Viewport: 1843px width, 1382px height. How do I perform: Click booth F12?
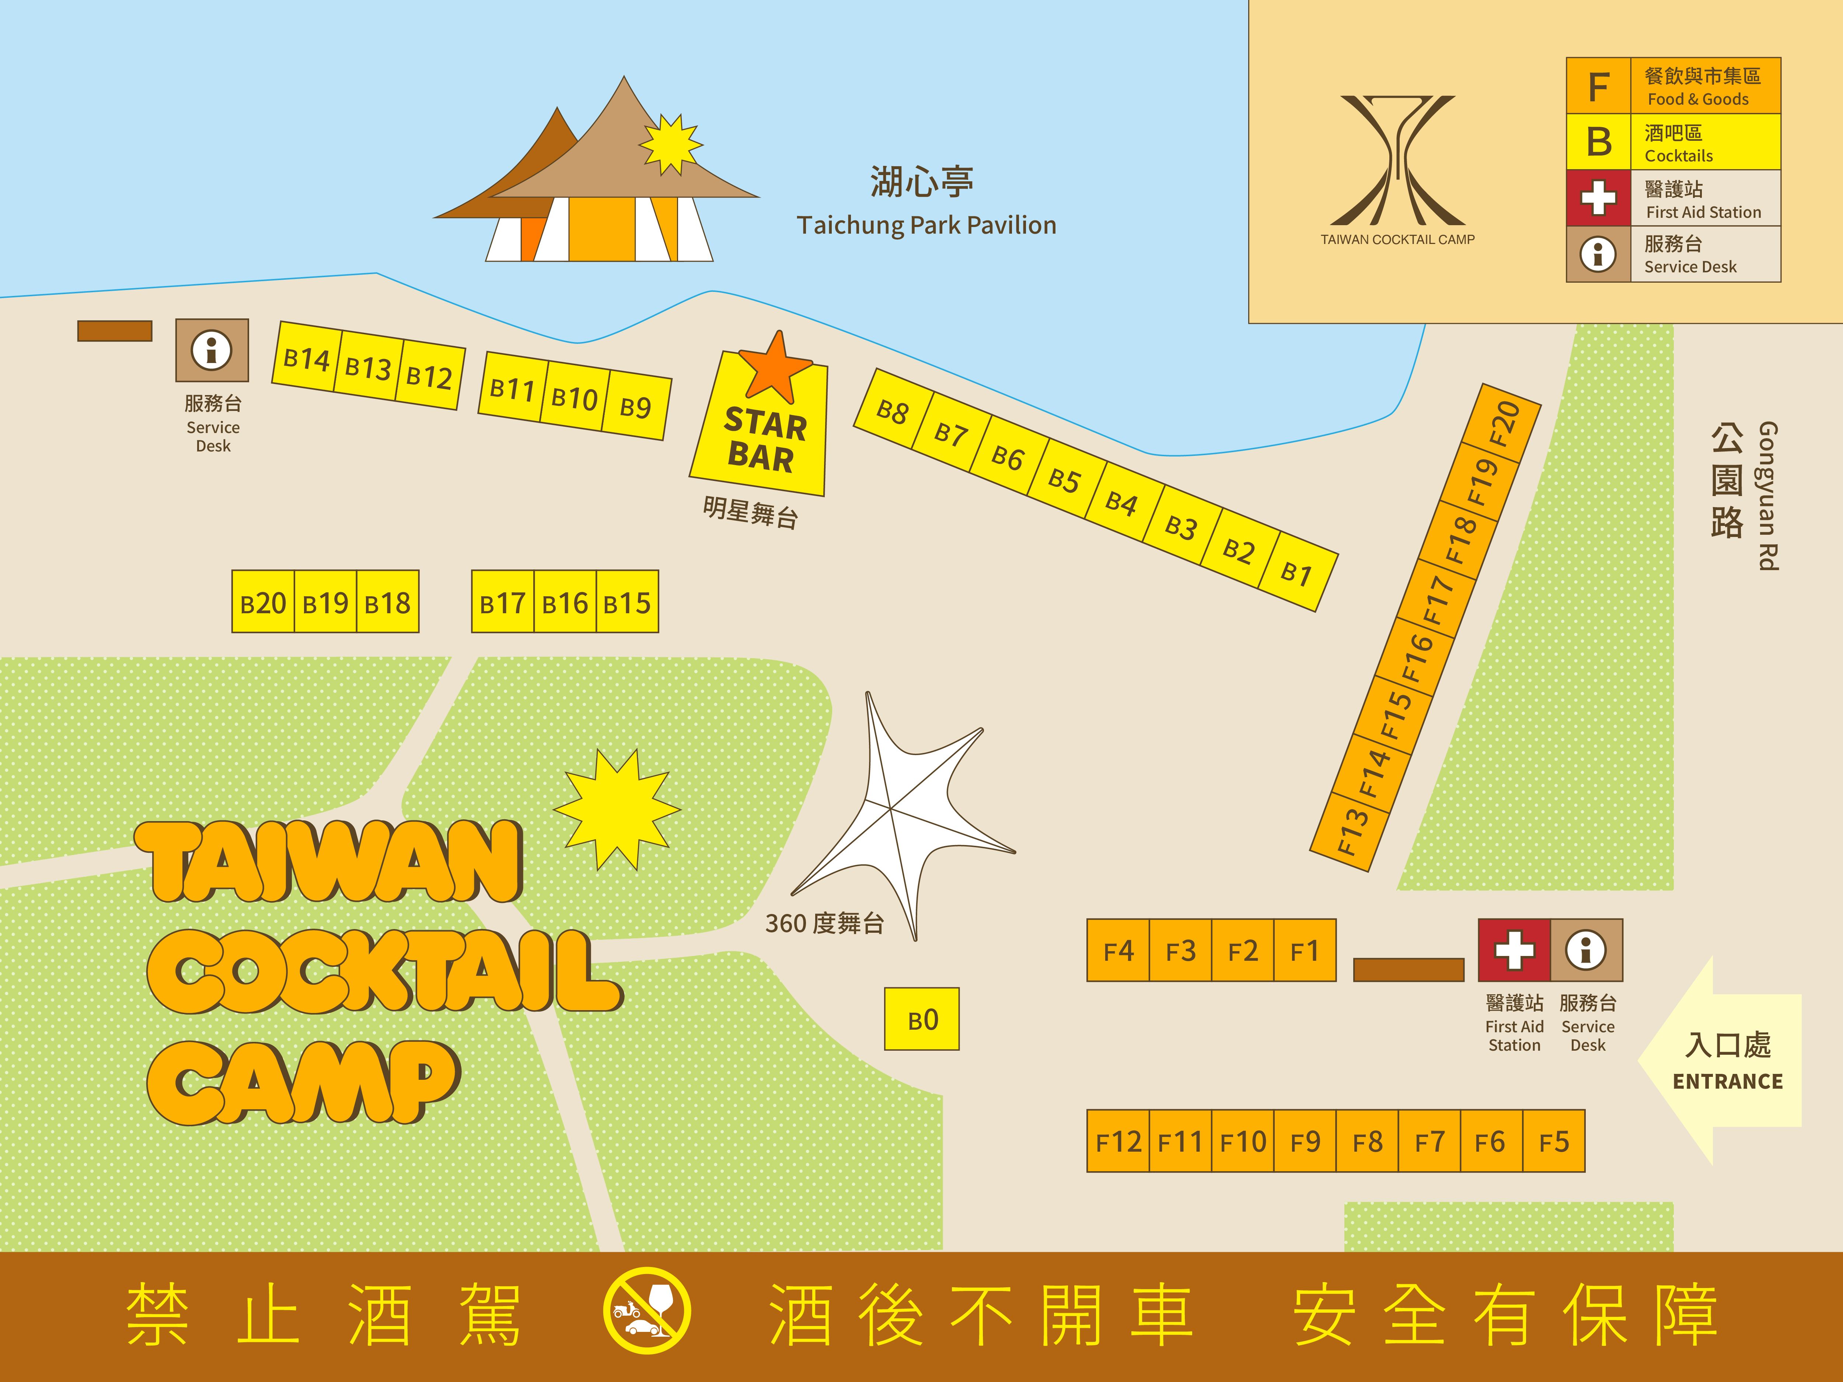[x=1118, y=1141]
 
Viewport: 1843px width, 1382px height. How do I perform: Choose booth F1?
[x=1305, y=950]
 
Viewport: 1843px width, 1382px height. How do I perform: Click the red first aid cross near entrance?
[x=1514, y=950]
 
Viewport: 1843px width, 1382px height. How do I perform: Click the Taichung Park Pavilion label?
[x=926, y=225]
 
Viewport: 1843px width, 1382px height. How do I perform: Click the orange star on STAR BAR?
[x=775, y=367]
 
